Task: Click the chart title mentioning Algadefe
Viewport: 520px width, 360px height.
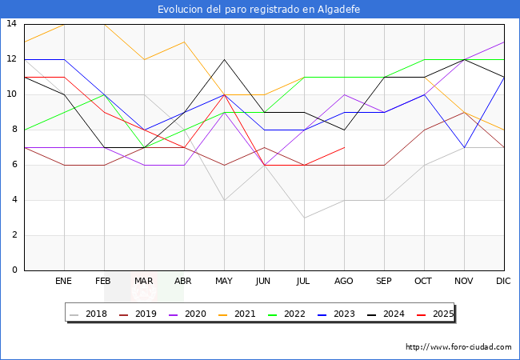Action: tap(259, 10)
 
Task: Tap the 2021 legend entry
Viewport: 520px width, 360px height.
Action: tap(245, 314)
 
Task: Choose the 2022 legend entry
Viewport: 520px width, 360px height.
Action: tap(294, 314)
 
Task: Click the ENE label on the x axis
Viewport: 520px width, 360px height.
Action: tap(64, 282)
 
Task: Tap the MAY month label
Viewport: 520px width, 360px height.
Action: tap(224, 282)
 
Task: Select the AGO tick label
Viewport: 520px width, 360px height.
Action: tap(344, 282)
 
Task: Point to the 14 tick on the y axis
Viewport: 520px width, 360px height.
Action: tap(11, 24)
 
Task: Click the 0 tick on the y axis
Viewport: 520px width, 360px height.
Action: tap(14, 270)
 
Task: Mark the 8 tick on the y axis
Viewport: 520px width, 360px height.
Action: tap(14, 130)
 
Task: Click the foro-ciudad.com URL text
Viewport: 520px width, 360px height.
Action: tap(458, 347)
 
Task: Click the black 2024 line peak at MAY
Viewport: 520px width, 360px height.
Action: tap(224, 59)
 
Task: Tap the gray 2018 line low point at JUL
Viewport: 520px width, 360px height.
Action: tap(304, 218)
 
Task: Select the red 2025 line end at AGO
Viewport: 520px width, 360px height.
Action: tap(344, 147)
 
